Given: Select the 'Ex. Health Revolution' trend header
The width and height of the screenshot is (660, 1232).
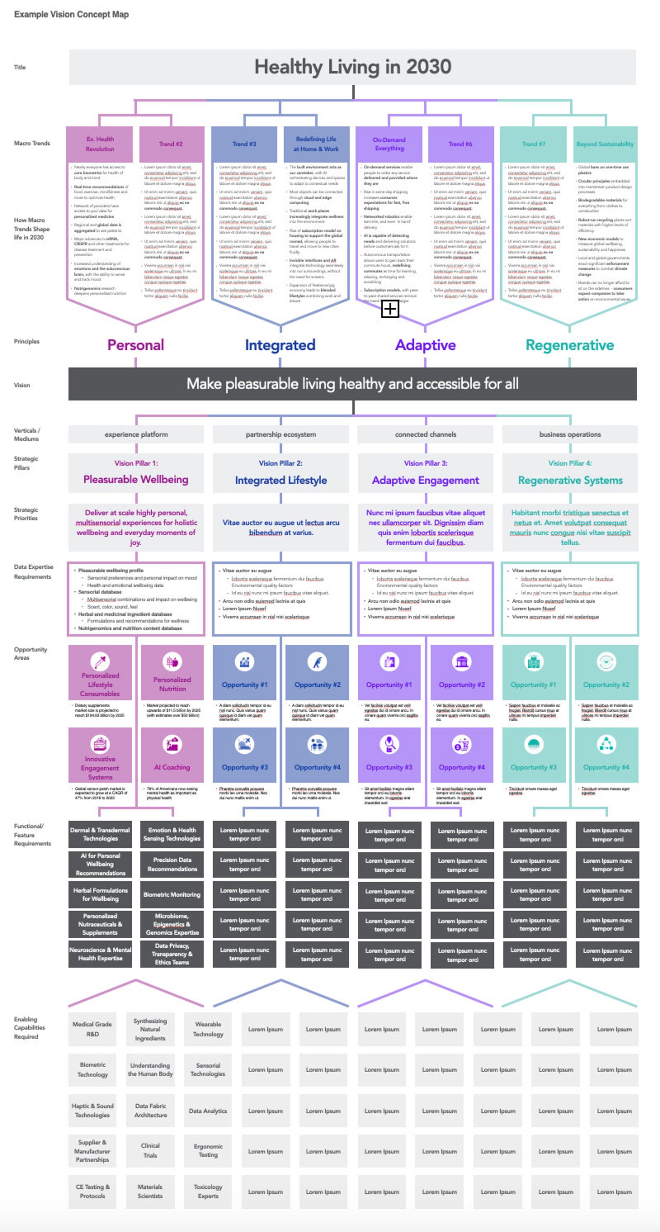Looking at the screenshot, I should click(100, 144).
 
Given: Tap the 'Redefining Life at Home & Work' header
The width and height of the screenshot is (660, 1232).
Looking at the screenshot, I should click(316, 144).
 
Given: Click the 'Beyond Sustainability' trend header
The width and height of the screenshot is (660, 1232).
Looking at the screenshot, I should click(605, 144).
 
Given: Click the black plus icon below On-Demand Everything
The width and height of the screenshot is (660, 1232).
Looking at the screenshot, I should click(390, 309).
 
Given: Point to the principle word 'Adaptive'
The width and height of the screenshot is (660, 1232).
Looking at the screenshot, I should click(425, 345).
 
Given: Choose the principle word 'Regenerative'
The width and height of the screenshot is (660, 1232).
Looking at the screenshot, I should click(569, 345).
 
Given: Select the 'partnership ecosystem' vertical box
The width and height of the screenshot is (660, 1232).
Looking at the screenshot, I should click(281, 434).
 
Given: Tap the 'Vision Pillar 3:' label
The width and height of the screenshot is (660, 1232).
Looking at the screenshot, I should click(425, 463).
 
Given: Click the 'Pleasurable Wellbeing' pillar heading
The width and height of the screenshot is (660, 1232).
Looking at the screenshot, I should click(136, 479).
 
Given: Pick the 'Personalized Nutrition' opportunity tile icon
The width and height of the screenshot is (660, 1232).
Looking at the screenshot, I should click(172, 662).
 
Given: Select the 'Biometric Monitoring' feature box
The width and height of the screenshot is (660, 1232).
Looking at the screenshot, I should click(172, 894).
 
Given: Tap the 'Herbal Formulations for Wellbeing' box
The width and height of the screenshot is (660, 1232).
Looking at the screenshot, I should click(100, 894).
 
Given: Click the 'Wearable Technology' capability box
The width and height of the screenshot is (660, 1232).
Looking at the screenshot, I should click(208, 1029).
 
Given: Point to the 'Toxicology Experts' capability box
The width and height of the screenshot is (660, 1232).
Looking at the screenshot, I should click(208, 1191).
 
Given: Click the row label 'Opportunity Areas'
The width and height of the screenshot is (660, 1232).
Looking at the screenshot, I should click(30, 653).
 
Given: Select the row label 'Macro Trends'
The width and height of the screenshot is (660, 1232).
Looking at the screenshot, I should click(32, 143).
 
